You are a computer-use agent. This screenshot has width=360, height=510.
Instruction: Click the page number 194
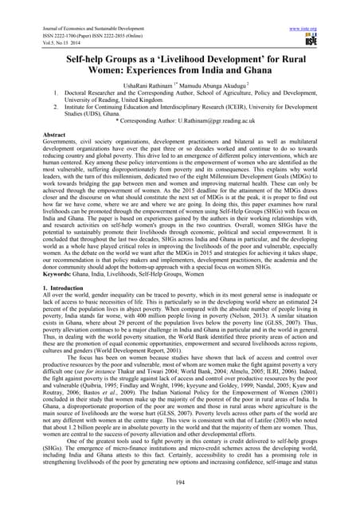[x=180, y=481]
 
